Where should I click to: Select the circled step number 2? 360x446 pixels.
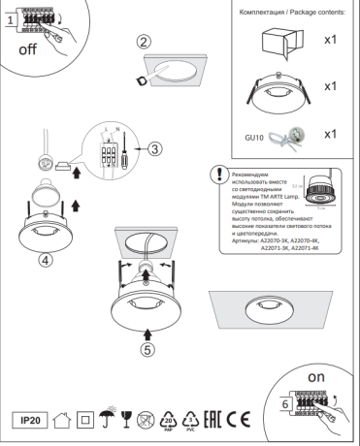143,42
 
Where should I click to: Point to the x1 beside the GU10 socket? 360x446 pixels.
329,133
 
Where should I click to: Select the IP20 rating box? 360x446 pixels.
31,422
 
